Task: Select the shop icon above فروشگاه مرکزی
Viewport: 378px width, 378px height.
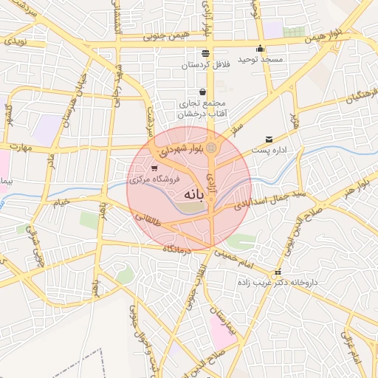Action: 154,169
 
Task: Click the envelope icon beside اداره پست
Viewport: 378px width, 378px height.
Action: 268,139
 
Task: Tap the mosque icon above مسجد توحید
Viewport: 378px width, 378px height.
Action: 260,49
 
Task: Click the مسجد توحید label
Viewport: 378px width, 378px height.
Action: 258,60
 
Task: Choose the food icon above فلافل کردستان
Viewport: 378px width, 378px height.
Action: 205,53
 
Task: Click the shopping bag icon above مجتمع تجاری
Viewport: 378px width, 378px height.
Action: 202,92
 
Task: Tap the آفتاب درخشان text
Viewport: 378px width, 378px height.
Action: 202,114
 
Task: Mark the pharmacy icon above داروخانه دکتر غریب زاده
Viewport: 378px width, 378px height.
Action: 278,272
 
